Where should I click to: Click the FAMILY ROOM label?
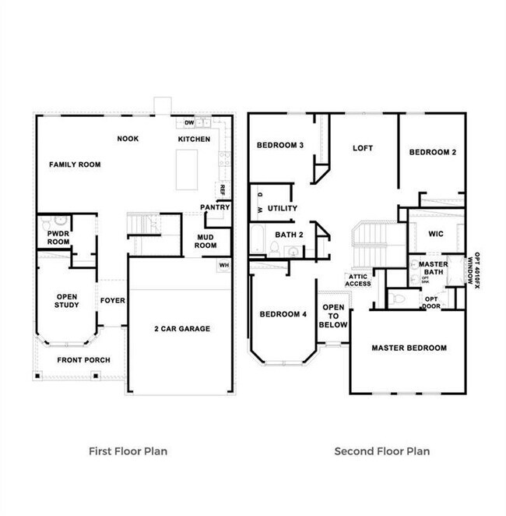76,164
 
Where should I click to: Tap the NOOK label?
128,139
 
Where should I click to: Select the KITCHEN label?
194,139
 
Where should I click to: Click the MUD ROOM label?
206,240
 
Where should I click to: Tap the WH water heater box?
223,266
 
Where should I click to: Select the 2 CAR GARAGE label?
181,329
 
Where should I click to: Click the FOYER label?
113,300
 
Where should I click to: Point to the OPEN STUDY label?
67,300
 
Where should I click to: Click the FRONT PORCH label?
83,360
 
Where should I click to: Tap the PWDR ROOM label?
58,238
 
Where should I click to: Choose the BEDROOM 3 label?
280,145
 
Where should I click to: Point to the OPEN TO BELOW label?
333,316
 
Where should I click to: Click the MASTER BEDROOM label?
409,348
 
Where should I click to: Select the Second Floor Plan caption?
381,451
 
